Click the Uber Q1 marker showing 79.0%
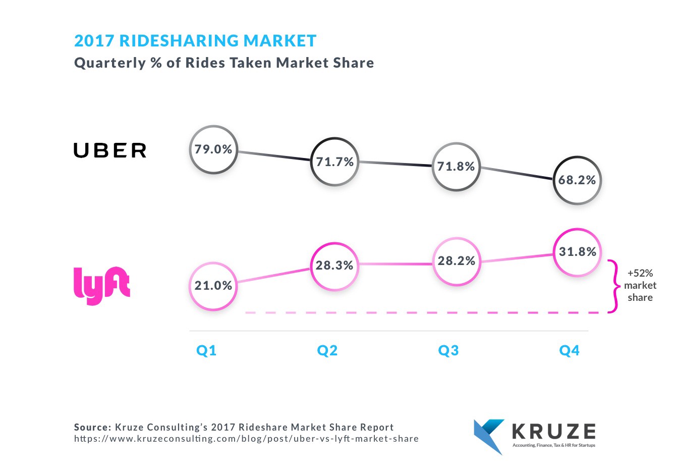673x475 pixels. coord(213,149)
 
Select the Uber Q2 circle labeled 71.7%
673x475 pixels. coord(334,162)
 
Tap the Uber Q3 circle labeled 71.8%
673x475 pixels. coord(456,167)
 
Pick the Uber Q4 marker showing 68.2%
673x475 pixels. coord(577,180)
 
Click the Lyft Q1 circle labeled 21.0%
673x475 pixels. coord(213,286)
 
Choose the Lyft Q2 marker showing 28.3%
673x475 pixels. coord(334,266)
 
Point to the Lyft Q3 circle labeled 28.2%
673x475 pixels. coord(456,261)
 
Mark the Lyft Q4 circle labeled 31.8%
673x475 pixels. coord(577,252)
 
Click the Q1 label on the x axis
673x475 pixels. coord(206,350)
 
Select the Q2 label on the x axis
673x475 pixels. coord(327,350)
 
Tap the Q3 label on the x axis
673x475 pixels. coord(448,350)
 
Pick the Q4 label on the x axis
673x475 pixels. coord(569,350)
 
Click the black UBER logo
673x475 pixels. coord(110,150)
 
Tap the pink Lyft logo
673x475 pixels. coord(101,285)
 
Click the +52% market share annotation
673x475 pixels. coord(640,285)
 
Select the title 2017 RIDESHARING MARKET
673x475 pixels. coord(195,41)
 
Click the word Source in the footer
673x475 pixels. coord(92,427)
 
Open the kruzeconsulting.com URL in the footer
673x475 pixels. coord(246,439)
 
